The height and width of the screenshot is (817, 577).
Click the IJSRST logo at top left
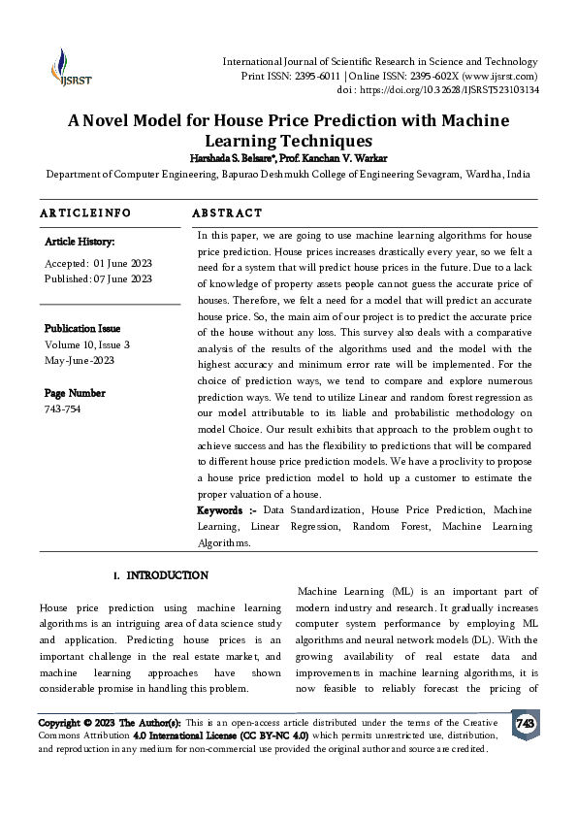point(61,66)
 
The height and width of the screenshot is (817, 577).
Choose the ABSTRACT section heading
point(227,212)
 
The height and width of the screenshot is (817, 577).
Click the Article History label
point(80,242)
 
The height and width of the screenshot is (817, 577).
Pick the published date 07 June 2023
point(123,279)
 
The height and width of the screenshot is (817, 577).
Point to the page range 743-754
point(64,409)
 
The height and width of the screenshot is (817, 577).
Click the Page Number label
point(75,393)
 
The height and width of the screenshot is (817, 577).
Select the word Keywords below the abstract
point(220,509)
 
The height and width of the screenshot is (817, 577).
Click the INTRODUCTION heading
point(167,575)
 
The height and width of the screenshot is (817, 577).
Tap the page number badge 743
point(525,724)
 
